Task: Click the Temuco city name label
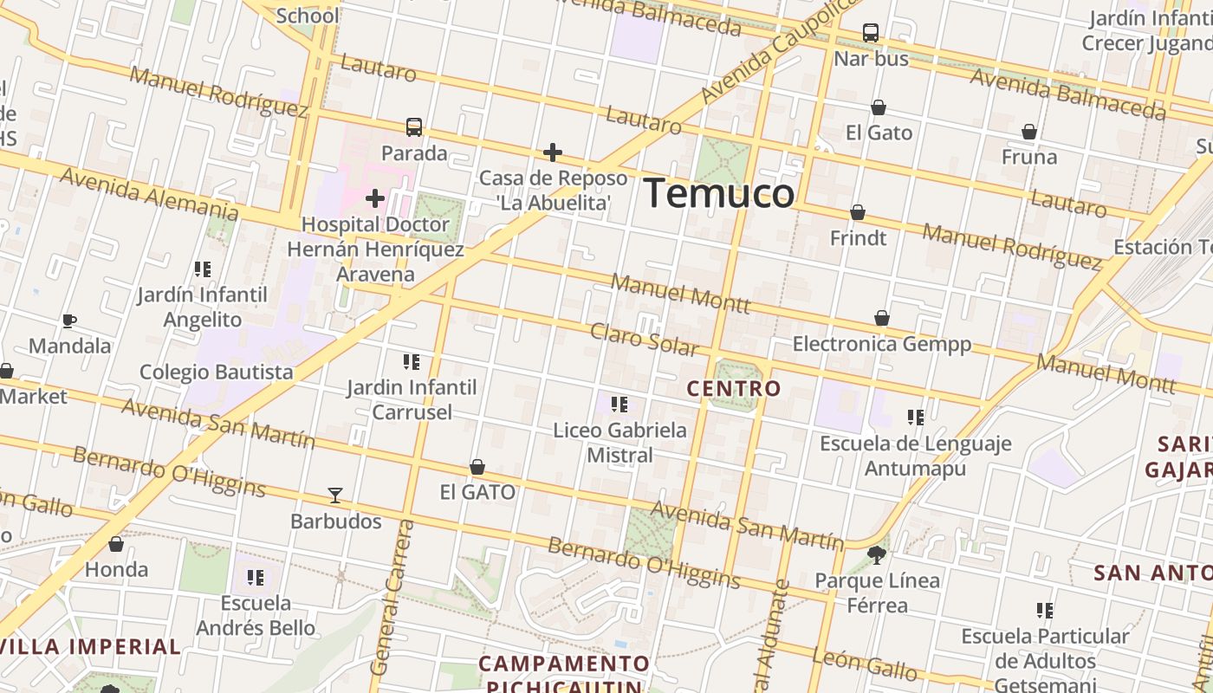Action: (719, 193)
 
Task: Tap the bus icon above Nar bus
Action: (871, 33)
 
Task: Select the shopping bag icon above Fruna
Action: (1029, 132)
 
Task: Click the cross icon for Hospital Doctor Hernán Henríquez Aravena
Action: (375, 198)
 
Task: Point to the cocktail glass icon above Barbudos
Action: (335, 495)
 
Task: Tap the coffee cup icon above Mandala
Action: (69, 321)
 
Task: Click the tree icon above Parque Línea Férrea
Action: (877, 554)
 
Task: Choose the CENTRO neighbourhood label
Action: (734, 389)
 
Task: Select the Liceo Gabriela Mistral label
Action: (619, 442)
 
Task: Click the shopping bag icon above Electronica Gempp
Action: (882, 318)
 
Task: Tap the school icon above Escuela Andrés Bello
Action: (255, 577)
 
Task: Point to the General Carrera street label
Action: (392, 598)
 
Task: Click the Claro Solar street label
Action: (644, 340)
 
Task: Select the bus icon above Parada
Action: (414, 127)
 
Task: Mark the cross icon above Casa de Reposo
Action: (553, 153)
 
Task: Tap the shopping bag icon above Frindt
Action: (858, 212)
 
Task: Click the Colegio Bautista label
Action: (217, 372)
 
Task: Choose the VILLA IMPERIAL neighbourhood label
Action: (90, 646)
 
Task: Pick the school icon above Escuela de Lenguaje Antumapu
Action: (916, 418)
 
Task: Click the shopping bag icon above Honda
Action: (116, 544)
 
